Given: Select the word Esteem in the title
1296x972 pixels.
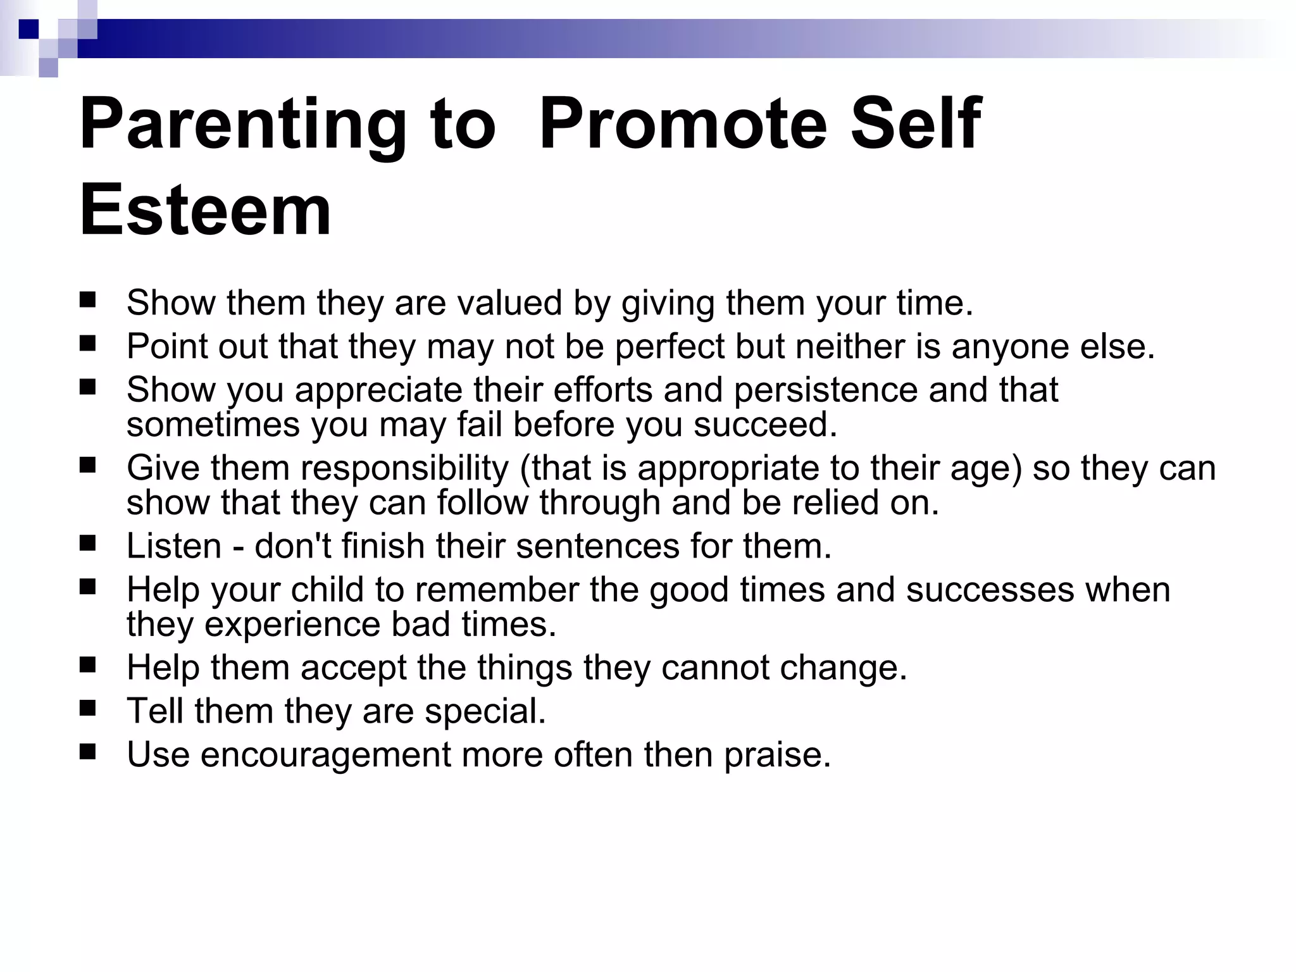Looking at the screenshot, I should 205,211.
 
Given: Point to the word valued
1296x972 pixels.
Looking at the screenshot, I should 509,302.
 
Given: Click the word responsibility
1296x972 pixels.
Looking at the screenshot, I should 404,468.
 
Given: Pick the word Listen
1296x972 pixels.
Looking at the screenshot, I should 173,546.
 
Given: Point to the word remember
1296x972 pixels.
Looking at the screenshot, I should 497,590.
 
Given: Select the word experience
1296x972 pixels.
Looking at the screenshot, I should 292,625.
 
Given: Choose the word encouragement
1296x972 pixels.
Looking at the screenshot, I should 325,755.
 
